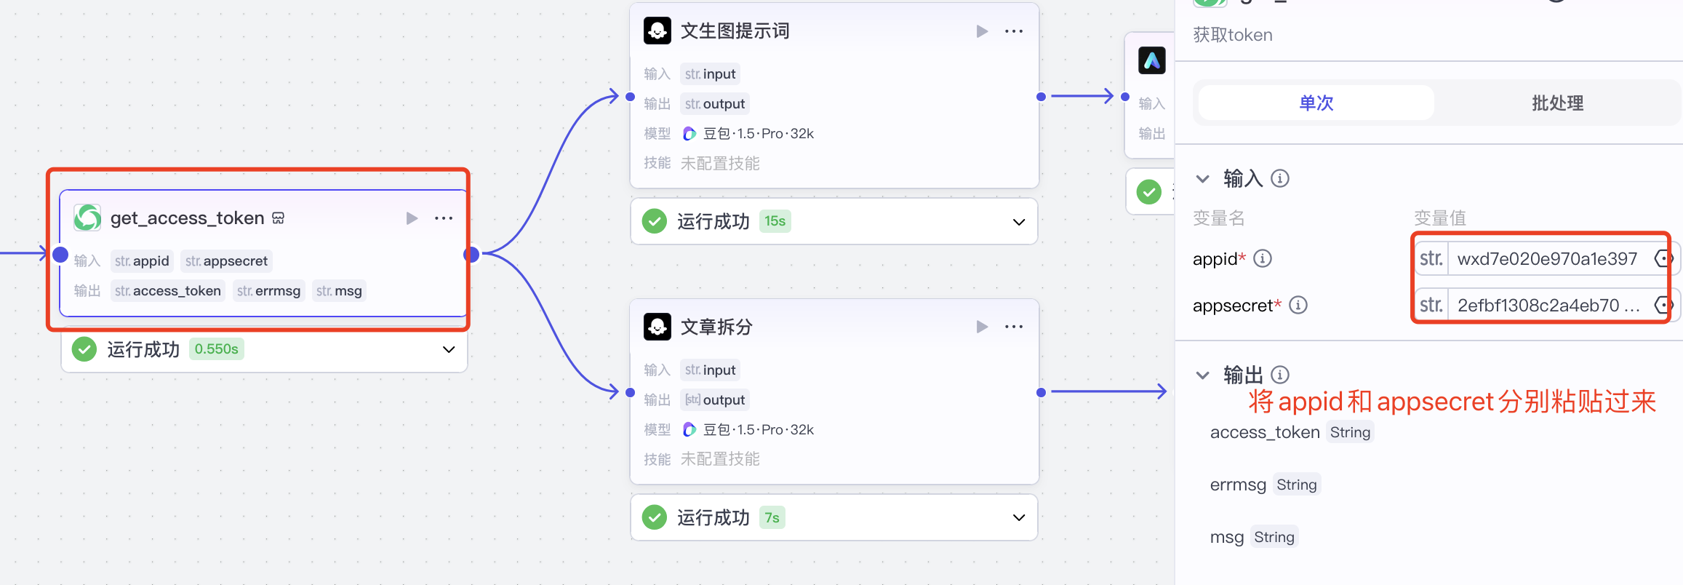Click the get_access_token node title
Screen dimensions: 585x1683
[x=187, y=218]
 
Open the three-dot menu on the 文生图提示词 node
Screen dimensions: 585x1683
[x=1013, y=31]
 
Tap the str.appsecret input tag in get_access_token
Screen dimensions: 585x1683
[x=226, y=261]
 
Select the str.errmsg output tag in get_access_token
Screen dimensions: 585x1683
[x=268, y=291]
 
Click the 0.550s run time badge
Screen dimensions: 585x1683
[x=216, y=349]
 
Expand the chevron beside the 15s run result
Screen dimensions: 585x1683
[x=1019, y=222]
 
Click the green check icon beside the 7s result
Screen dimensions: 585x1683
[x=655, y=517]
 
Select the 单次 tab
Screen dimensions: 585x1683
[x=1316, y=103]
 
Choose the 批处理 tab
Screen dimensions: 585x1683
[x=1557, y=103]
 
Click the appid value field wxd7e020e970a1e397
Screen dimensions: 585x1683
[x=1547, y=259]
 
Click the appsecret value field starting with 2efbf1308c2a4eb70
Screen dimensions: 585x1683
[x=1547, y=306]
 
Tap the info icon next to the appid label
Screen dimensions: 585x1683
[x=1263, y=259]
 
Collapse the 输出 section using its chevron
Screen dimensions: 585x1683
[x=1203, y=375]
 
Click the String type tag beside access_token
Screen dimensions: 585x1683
[x=1350, y=432]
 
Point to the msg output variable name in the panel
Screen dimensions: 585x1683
[x=1226, y=537]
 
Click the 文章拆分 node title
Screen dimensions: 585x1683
[x=716, y=327]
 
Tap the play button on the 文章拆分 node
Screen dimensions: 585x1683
[x=982, y=327]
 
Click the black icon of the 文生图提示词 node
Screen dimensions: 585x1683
[x=657, y=31]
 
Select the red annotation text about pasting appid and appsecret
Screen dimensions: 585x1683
[x=1452, y=402]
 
